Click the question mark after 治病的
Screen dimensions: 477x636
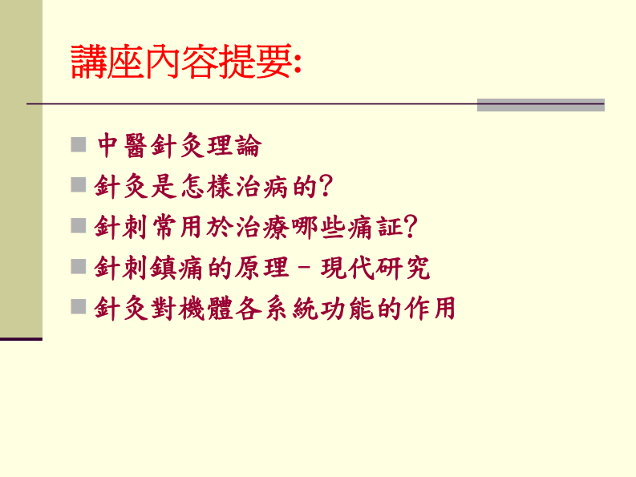(x=326, y=187)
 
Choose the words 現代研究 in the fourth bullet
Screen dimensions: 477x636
(x=375, y=268)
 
